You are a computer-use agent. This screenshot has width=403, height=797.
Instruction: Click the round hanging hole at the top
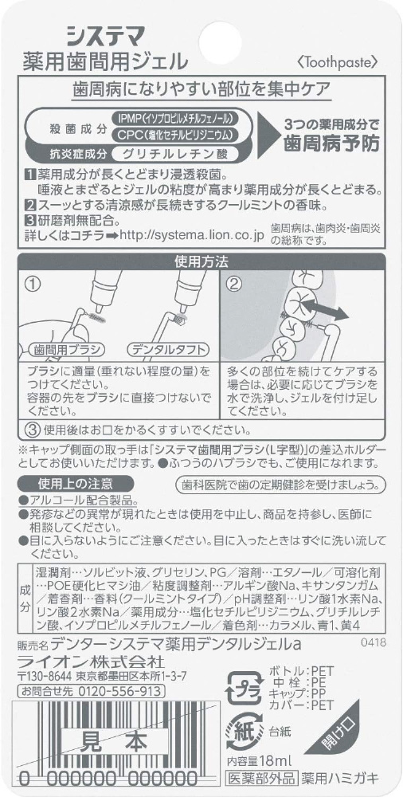point(220,42)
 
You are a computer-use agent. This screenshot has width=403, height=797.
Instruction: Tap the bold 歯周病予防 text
point(332,143)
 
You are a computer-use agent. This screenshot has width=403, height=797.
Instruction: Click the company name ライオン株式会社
point(92,662)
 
